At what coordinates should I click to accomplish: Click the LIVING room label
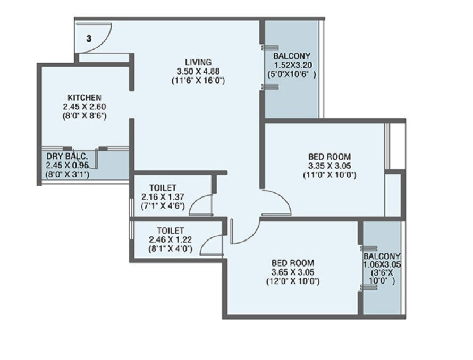pyautogui.click(x=195, y=62)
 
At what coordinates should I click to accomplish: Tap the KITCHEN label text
pyautogui.click(x=85, y=98)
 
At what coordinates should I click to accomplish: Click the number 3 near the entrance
pyautogui.click(x=89, y=38)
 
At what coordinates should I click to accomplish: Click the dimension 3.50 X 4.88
pyautogui.click(x=195, y=71)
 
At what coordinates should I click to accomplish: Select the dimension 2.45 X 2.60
pyautogui.click(x=85, y=106)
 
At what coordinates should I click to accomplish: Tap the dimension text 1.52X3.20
pyautogui.click(x=292, y=65)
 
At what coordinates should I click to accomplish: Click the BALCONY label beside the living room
pyautogui.click(x=292, y=56)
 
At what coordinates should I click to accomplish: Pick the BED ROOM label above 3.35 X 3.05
pyautogui.click(x=330, y=157)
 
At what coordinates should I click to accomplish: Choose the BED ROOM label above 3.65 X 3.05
pyautogui.click(x=292, y=263)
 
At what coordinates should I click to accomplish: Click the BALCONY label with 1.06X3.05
pyautogui.click(x=382, y=256)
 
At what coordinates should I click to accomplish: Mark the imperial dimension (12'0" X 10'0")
pyautogui.click(x=292, y=281)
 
